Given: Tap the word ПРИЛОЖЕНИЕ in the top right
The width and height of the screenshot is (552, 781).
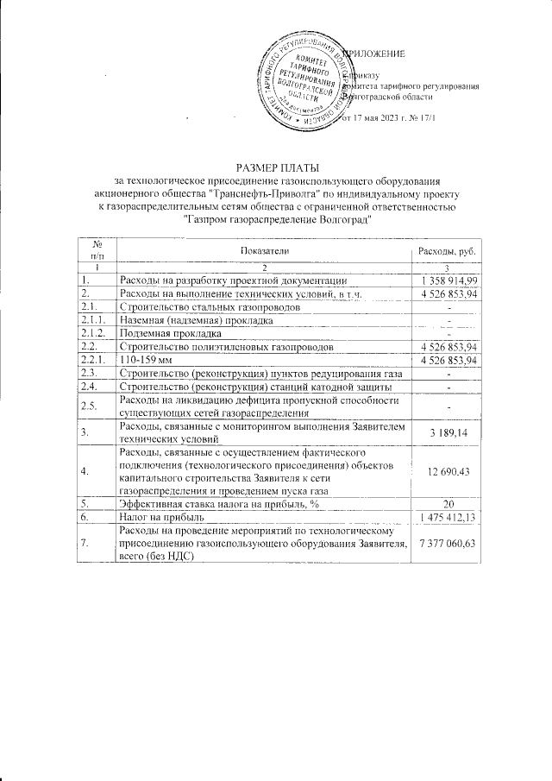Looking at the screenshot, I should pyautogui.click(x=375, y=55).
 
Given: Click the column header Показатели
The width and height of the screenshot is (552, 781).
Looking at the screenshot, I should pyautogui.click(x=266, y=250).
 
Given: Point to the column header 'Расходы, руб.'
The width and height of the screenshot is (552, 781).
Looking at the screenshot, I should pyautogui.click(x=447, y=250).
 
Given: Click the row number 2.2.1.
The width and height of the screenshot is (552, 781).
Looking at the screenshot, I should pyautogui.click(x=91, y=359).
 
